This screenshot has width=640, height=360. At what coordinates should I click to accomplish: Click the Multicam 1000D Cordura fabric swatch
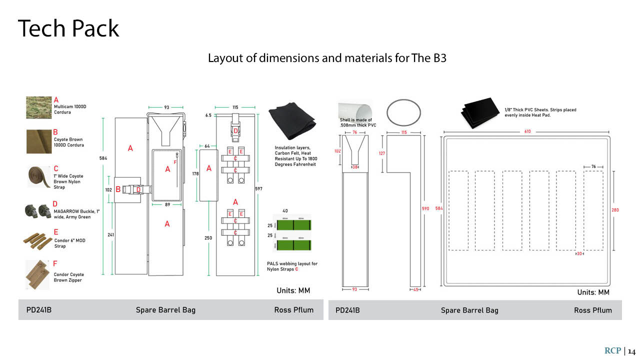coord(39,107)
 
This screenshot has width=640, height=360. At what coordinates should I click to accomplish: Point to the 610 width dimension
coord(527,131)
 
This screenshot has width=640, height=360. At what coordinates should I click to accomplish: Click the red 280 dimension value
coord(615,210)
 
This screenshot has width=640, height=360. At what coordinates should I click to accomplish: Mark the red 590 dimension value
coord(426,208)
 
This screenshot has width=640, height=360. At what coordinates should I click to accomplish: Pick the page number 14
coord(632,351)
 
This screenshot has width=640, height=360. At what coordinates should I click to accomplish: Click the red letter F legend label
coord(55,263)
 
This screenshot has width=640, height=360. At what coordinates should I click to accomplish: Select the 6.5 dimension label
coord(208,115)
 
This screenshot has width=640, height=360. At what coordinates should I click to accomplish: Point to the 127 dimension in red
coord(381,153)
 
